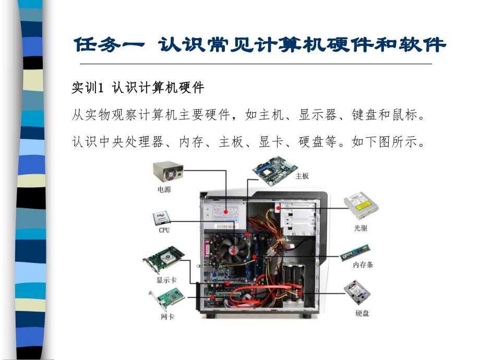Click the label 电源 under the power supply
pyautogui.click(x=164, y=189)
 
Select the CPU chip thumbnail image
pyautogui.click(x=161, y=217)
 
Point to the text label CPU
pyautogui.click(x=164, y=230)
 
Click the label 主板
pyautogui.click(x=302, y=176)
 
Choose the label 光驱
pyautogui.click(x=361, y=228)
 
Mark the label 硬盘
pyautogui.click(x=362, y=314)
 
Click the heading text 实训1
pyautogui.click(x=88, y=88)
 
